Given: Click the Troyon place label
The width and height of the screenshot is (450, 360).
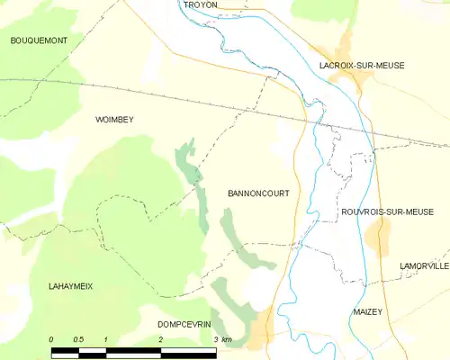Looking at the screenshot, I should tap(200, 5).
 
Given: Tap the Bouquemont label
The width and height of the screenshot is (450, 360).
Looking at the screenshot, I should tap(39, 41).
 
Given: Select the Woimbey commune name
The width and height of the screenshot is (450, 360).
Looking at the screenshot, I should tap(114, 119).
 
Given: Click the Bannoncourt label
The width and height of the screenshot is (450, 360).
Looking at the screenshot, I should tap(258, 193).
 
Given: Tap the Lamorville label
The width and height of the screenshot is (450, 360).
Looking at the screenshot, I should tap(425, 266).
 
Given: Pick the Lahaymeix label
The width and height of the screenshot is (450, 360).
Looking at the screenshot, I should tap(70, 285).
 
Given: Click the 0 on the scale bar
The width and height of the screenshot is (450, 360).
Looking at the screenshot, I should tap(51, 339).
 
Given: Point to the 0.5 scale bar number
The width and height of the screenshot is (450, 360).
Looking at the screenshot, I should tap(78, 339).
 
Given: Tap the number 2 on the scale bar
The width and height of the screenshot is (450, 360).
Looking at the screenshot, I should tap(160, 339).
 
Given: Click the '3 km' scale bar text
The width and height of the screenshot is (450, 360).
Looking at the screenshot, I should tap(222, 339).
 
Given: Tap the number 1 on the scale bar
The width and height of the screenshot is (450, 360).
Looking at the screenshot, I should tap(106, 339).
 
